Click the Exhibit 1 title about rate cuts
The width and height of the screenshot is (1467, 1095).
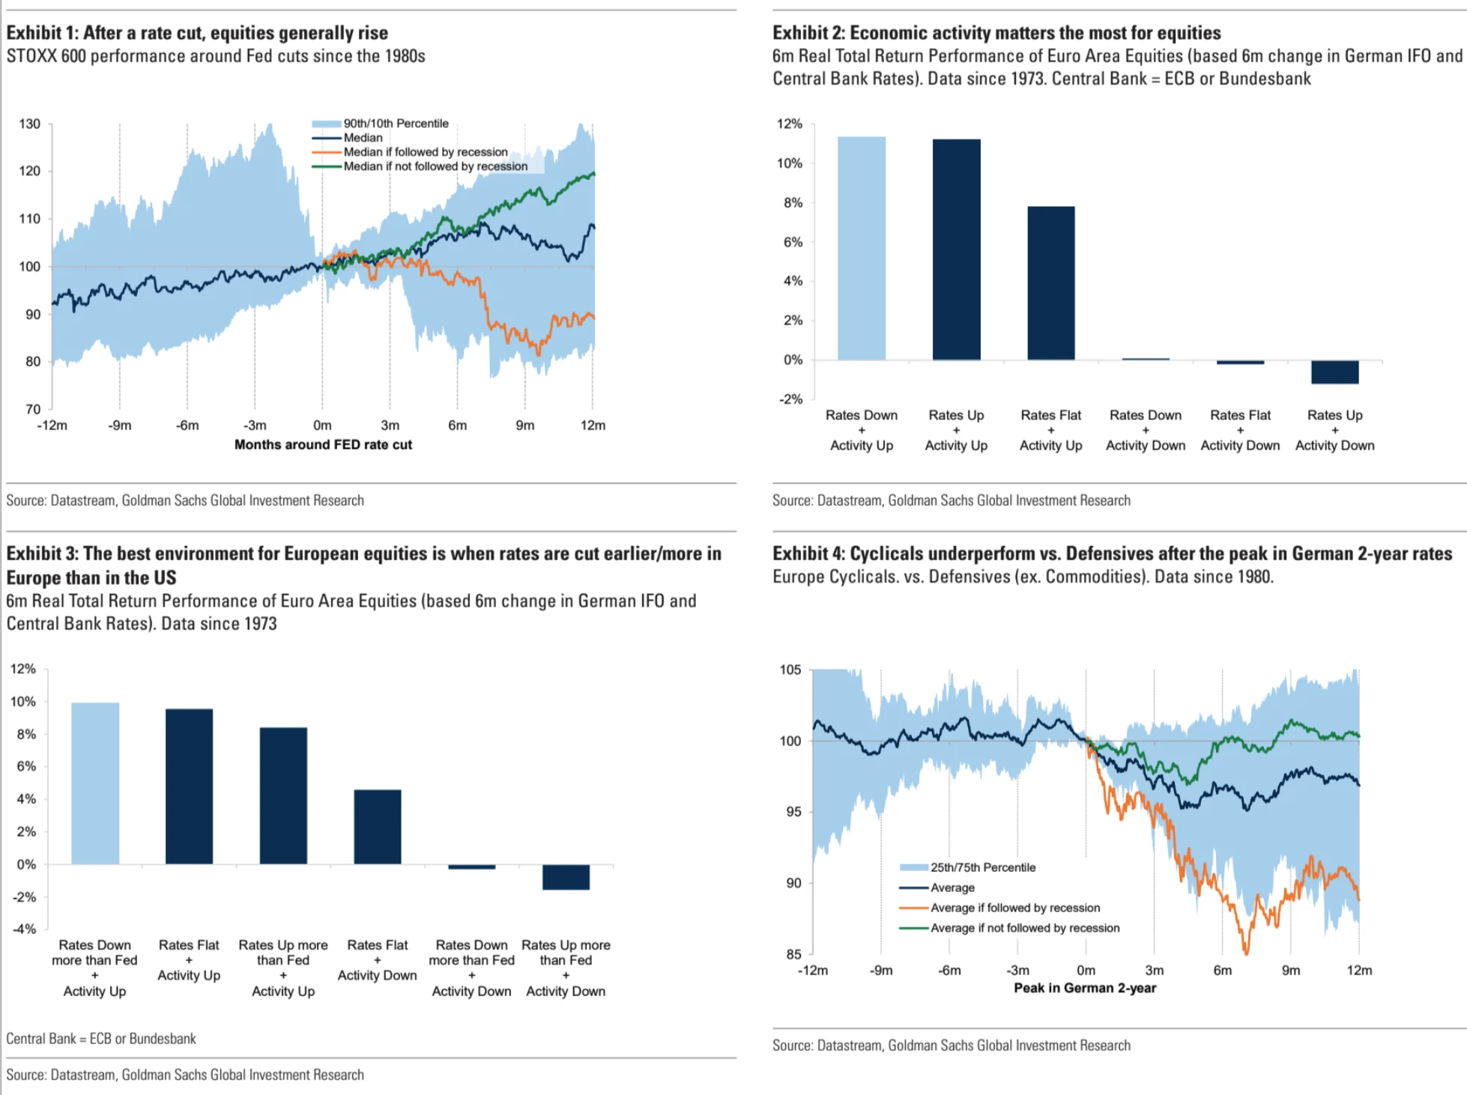click(x=197, y=33)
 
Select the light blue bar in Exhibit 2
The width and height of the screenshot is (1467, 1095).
click(x=861, y=248)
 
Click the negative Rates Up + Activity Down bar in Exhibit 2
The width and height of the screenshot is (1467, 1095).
click(x=1334, y=372)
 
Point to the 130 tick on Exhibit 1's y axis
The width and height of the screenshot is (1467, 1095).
click(x=30, y=124)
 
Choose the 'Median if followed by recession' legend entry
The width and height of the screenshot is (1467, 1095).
click(x=425, y=152)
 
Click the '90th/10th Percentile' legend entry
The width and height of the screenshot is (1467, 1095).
click(x=396, y=124)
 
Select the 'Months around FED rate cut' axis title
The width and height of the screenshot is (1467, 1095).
click(x=323, y=444)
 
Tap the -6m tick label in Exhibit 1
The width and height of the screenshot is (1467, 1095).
click(x=187, y=425)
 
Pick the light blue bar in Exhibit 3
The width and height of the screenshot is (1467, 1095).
click(x=95, y=783)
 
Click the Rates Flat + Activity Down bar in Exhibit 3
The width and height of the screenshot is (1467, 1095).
click(x=378, y=827)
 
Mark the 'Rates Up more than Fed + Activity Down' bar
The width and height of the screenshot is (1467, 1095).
click(x=566, y=877)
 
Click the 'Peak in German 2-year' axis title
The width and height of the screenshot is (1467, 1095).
click(x=1084, y=988)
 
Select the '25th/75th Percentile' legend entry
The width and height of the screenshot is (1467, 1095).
click(x=982, y=867)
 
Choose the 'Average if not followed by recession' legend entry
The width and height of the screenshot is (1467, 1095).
click(x=1024, y=928)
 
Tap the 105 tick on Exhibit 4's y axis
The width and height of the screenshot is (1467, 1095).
click(x=790, y=670)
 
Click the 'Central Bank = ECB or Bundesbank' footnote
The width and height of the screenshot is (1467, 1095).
click(x=101, y=1039)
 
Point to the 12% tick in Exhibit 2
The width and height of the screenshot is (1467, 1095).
click(x=790, y=124)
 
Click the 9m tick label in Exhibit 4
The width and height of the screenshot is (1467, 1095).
click(x=1291, y=970)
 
